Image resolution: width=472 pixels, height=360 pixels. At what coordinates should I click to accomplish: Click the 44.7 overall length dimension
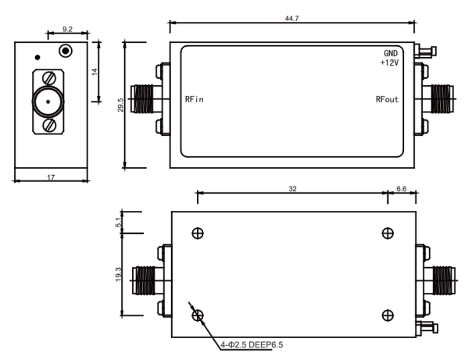coord(291,18)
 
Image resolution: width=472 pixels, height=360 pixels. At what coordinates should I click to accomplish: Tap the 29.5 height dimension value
coord(120,105)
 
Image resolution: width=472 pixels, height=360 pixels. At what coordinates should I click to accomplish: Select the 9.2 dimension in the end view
coord(67,29)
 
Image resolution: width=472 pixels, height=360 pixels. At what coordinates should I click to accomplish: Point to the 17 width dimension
coord(51,177)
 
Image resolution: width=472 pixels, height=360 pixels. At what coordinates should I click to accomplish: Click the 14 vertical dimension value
coord(95,72)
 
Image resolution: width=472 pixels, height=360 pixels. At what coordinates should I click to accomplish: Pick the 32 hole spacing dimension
coord(292,188)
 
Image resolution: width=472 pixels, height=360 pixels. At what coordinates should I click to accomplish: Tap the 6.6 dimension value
coord(401,188)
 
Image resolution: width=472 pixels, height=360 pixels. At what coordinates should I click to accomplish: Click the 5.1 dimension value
coord(119,223)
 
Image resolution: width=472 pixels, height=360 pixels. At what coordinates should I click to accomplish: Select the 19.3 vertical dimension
coord(118,274)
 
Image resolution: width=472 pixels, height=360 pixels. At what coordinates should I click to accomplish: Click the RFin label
coord(194,99)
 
